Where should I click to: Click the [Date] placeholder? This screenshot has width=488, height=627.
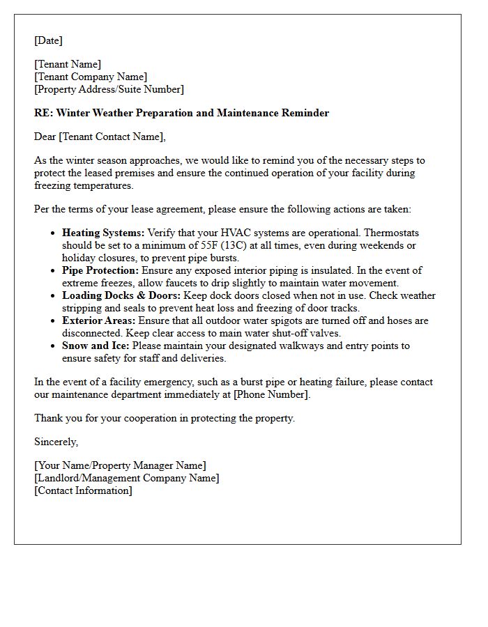pyautogui.click(x=48, y=40)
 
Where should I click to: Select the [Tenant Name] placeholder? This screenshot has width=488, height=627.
pyautogui.click(x=68, y=64)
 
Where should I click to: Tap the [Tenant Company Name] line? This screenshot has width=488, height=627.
pyautogui.click(x=91, y=77)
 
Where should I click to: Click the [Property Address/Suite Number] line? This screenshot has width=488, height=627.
pyautogui.click(x=109, y=89)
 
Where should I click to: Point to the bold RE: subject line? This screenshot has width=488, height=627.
pyautogui.click(x=181, y=113)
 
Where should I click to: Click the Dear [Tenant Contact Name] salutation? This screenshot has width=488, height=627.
pyautogui.click(x=100, y=137)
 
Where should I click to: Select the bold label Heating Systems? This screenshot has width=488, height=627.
pyautogui.click(x=103, y=233)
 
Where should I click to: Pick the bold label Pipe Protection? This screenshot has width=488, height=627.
pyautogui.click(x=100, y=270)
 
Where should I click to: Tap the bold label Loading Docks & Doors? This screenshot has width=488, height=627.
pyautogui.click(x=121, y=295)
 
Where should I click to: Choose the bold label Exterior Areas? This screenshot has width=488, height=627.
pyautogui.click(x=99, y=320)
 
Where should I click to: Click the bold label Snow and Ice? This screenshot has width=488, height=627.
pyautogui.click(x=96, y=346)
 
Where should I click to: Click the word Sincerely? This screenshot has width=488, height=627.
pyautogui.click(x=56, y=442)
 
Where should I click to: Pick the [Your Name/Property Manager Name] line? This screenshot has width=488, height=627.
pyautogui.click(x=120, y=465)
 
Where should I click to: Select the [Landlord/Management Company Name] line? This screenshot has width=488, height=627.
pyautogui.click(x=126, y=478)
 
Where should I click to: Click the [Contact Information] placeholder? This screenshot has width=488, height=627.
pyautogui.click(x=83, y=490)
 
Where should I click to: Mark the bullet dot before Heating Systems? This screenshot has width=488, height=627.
pyautogui.click(x=54, y=233)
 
